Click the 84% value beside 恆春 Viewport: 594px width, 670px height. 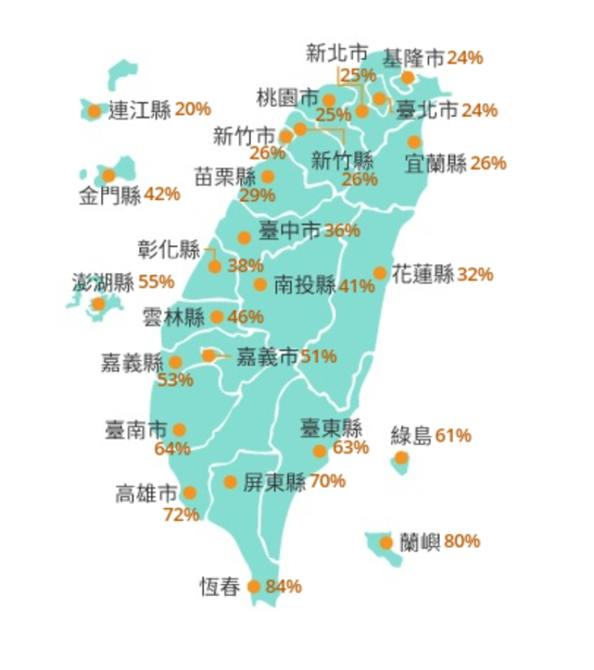pyautogui.click(x=283, y=587)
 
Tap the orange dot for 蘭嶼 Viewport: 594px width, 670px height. pyautogui.click(x=387, y=543)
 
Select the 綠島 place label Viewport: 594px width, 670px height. pyautogui.click(x=411, y=436)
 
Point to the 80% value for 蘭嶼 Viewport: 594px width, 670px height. pyautogui.click(x=462, y=542)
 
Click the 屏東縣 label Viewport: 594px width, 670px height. pyautogui.click(x=275, y=483)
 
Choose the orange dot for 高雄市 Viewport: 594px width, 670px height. pyautogui.click(x=189, y=493)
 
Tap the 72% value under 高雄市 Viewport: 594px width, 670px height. pyautogui.click(x=181, y=515)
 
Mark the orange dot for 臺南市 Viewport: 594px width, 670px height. pyautogui.click(x=179, y=430)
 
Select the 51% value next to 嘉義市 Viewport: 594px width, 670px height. pyautogui.click(x=319, y=357)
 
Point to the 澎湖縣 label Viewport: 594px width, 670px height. pyautogui.click(x=102, y=282)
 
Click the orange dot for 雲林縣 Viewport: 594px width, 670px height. pyautogui.click(x=217, y=317)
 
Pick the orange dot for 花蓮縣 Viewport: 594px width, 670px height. pyautogui.click(x=379, y=273)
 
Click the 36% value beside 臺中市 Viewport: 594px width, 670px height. pyautogui.click(x=341, y=232)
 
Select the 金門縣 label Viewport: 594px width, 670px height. pyautogui.click(x=110, y=196)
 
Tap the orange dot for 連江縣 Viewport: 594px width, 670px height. pyautogui.click(x=94, y=111)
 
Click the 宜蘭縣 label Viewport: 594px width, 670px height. pyautogui.click(x=436, y=165)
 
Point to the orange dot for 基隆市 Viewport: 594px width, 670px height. pyautogui.click(x=407, y=78)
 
